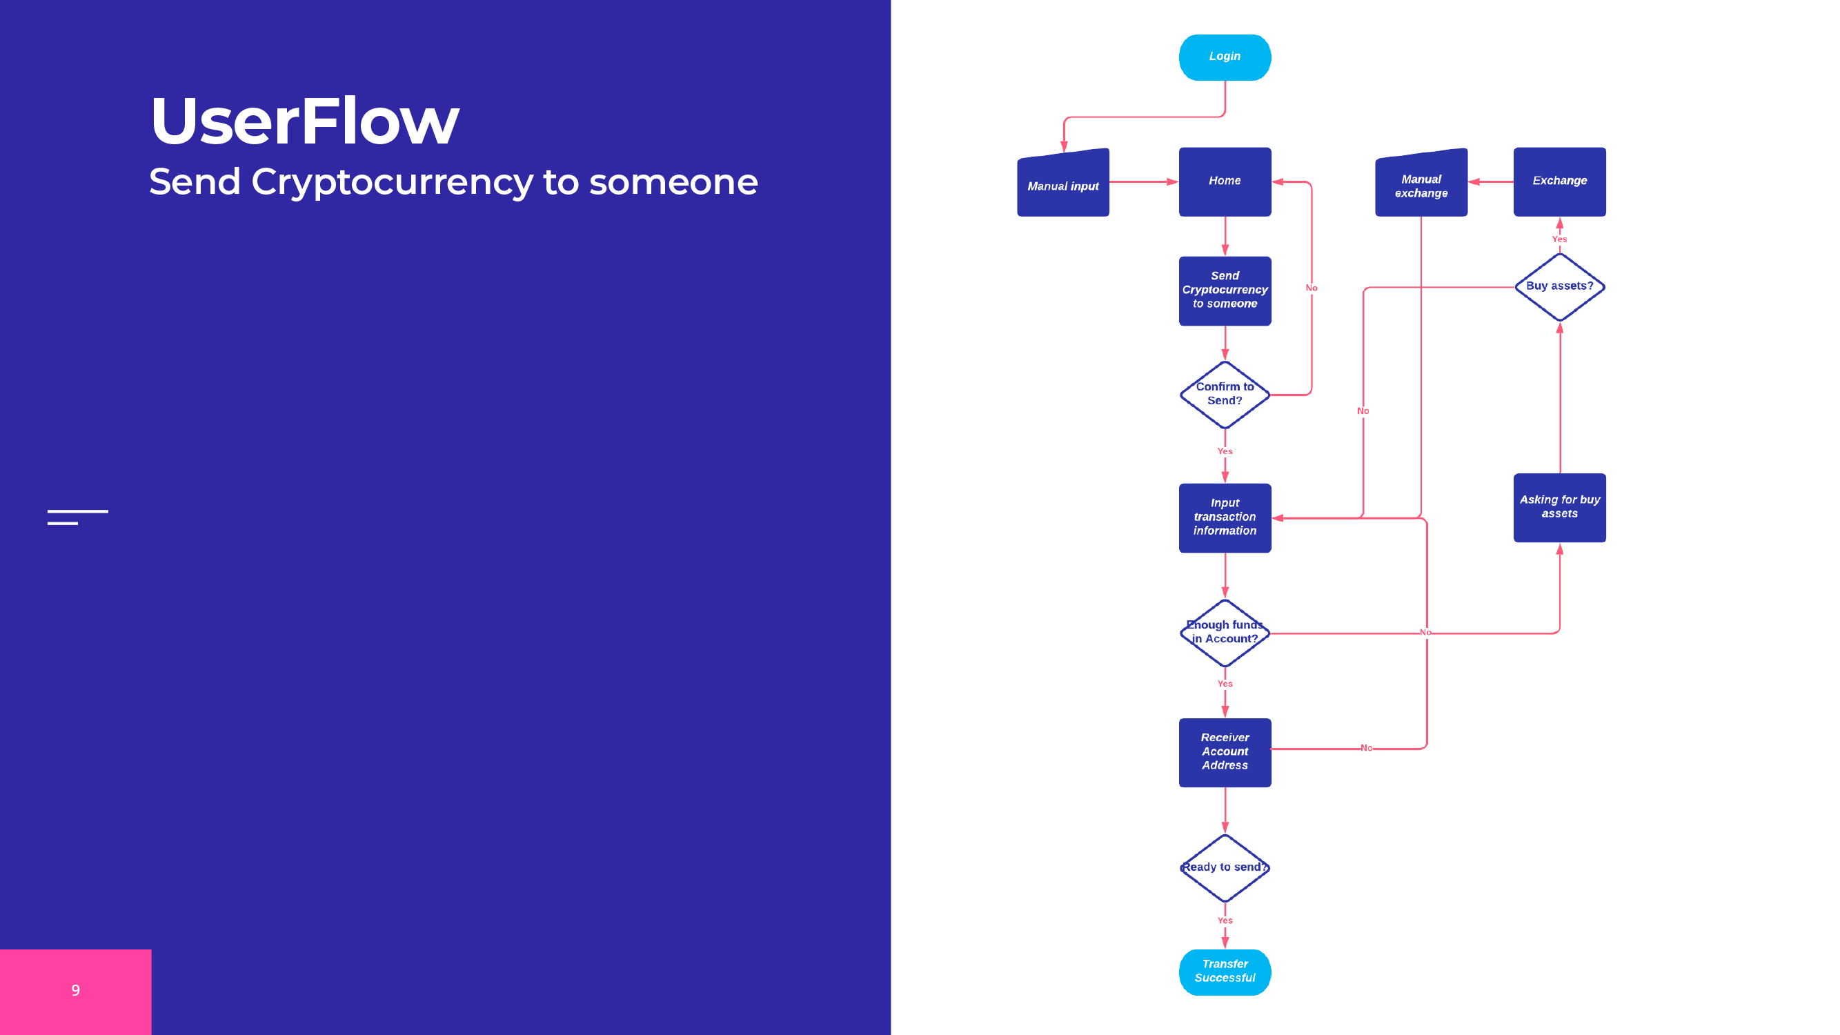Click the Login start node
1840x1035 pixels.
pos(1225,57)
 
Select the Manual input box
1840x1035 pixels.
pos(1063,184)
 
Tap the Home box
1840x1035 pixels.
pos(1225,181)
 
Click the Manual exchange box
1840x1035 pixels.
pos(1421,185)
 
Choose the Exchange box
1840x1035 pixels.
pos(1559,181)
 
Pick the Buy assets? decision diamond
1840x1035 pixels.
pos(1559,286)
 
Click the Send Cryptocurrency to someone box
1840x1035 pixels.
pos(1225,290)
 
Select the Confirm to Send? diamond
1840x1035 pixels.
pos(1225,394)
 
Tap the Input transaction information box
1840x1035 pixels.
pos(1225,517)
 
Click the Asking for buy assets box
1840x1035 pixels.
pos(1559,507)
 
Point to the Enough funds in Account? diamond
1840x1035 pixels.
pos(1225,632)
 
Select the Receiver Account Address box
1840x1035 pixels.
pos(1225,751)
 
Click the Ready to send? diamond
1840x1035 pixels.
pos(1225,867)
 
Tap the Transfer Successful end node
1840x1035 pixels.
pos(1225,972)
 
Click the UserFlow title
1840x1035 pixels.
pos(304,121)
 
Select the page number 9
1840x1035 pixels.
pos(76,990)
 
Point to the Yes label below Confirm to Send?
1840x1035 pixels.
pos(1225,451)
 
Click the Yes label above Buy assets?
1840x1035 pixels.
pos(1559,239)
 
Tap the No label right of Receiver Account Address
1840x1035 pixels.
pos(1366,748)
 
